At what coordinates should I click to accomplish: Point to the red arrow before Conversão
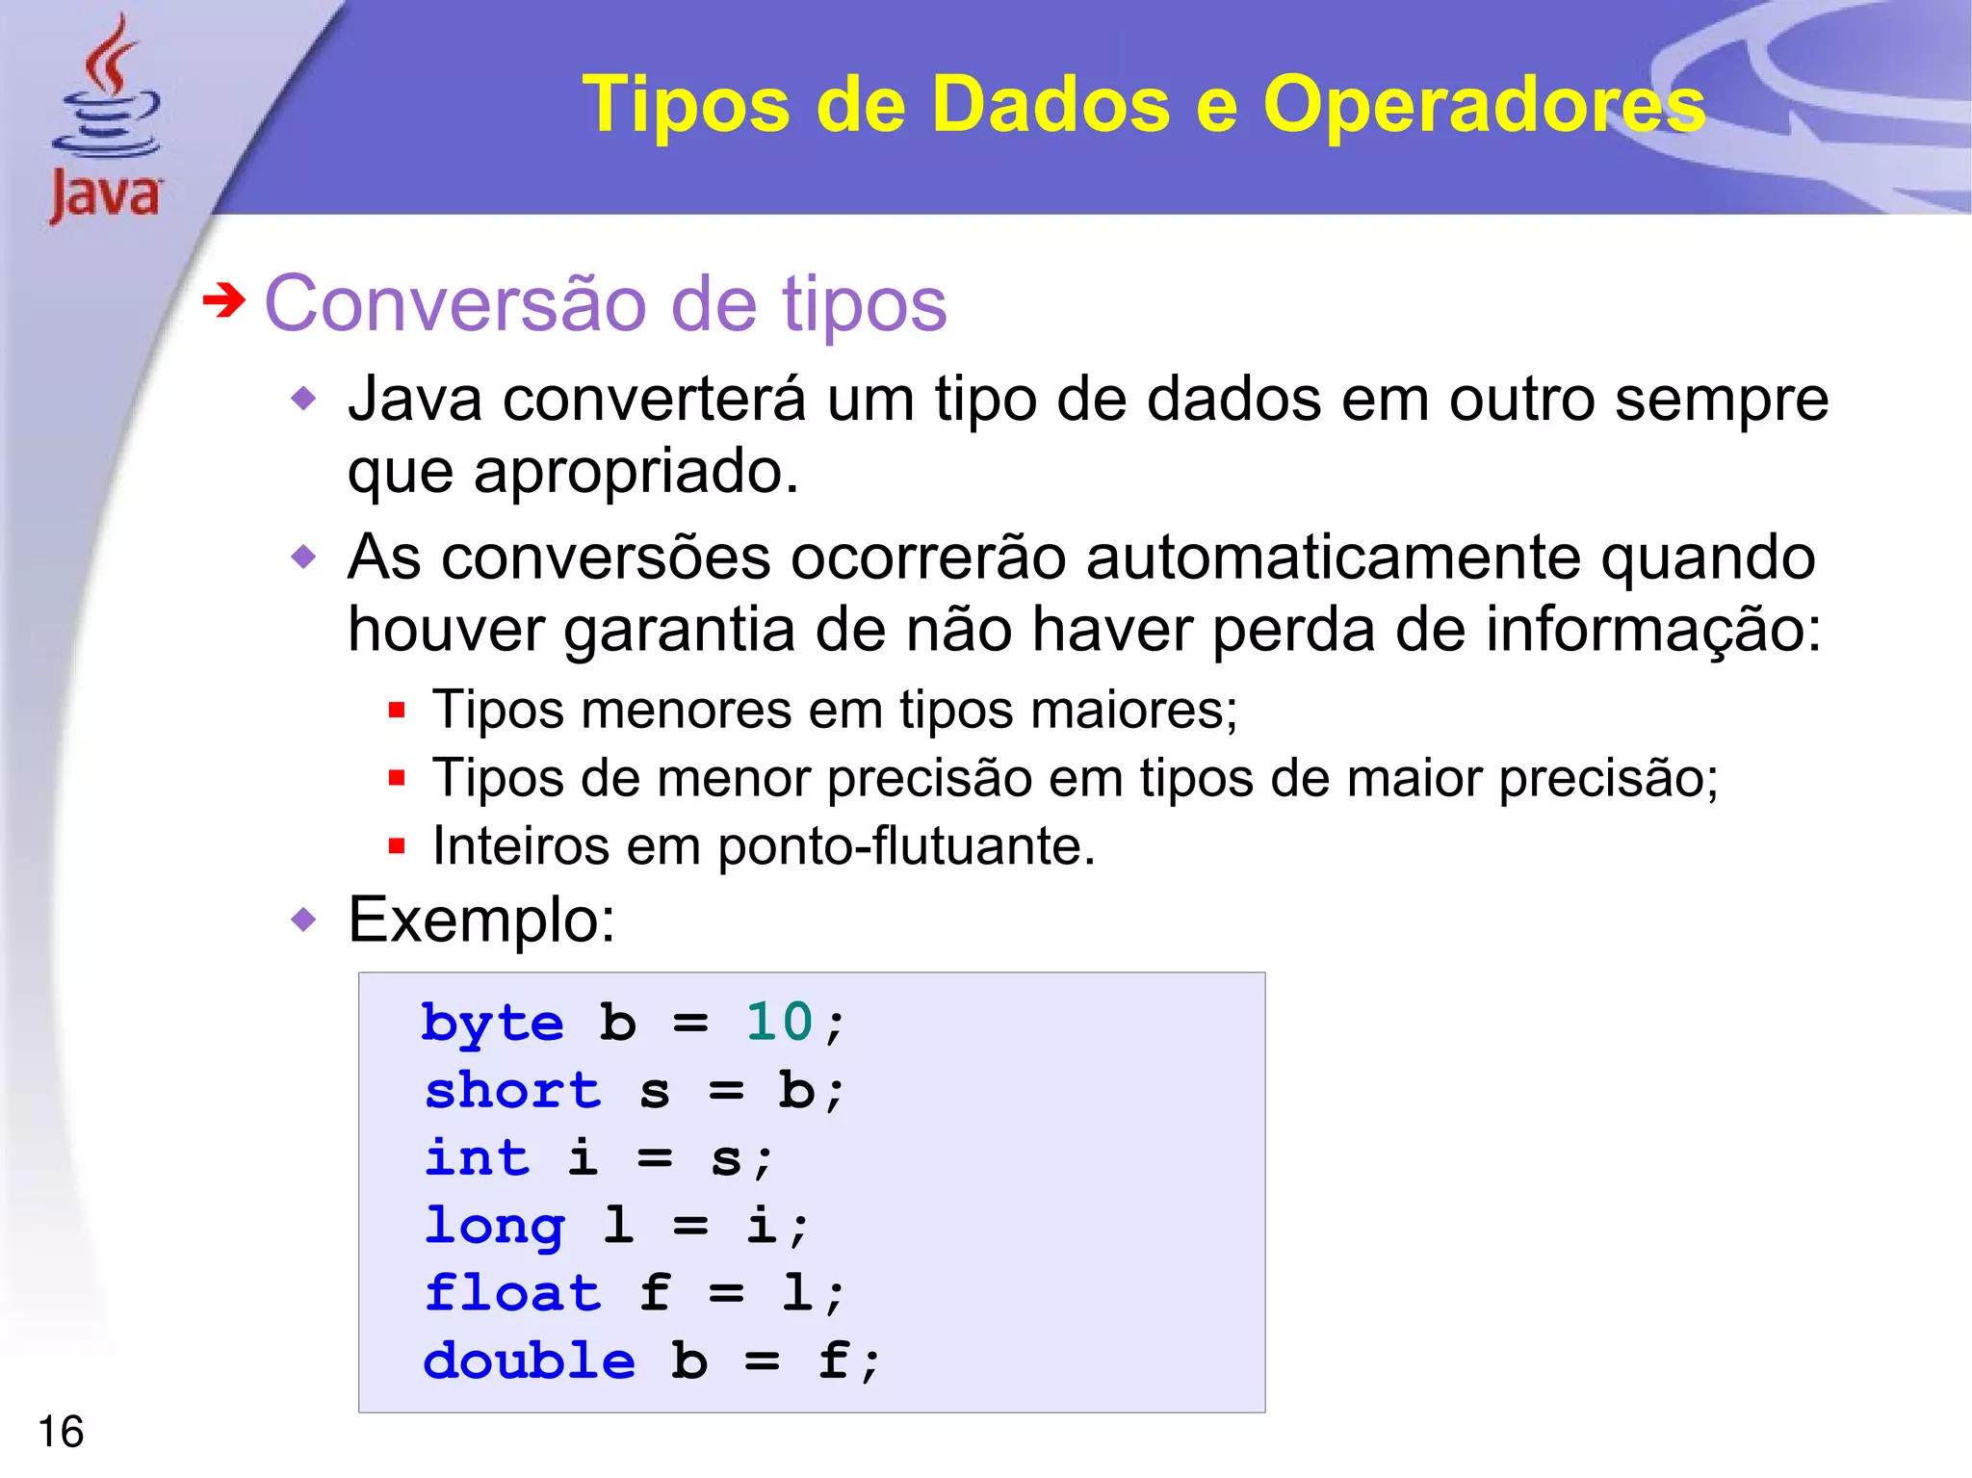tap(224, 302)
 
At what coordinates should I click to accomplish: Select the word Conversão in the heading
tap(456, 304)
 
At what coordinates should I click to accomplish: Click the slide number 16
tap(61, 1432)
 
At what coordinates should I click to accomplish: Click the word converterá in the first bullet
tap(654, 399)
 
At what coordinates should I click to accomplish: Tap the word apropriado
tap(636, 472)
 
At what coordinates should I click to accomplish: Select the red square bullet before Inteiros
tap(396, 846)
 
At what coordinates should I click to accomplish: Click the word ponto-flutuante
tap(905, 846)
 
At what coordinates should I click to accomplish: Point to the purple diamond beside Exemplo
tap(304, 921)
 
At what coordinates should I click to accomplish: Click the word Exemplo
tap(480, 921)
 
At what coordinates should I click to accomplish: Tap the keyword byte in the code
tap(492, 1024)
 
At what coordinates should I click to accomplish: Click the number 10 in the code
tap(779, 1022)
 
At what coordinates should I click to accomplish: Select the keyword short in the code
tap(512, 1091)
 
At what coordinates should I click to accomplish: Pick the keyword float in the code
tap(512, 1293)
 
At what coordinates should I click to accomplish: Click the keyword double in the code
tap(529, 1361)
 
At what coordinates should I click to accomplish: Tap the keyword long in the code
tap(494, 1227)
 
